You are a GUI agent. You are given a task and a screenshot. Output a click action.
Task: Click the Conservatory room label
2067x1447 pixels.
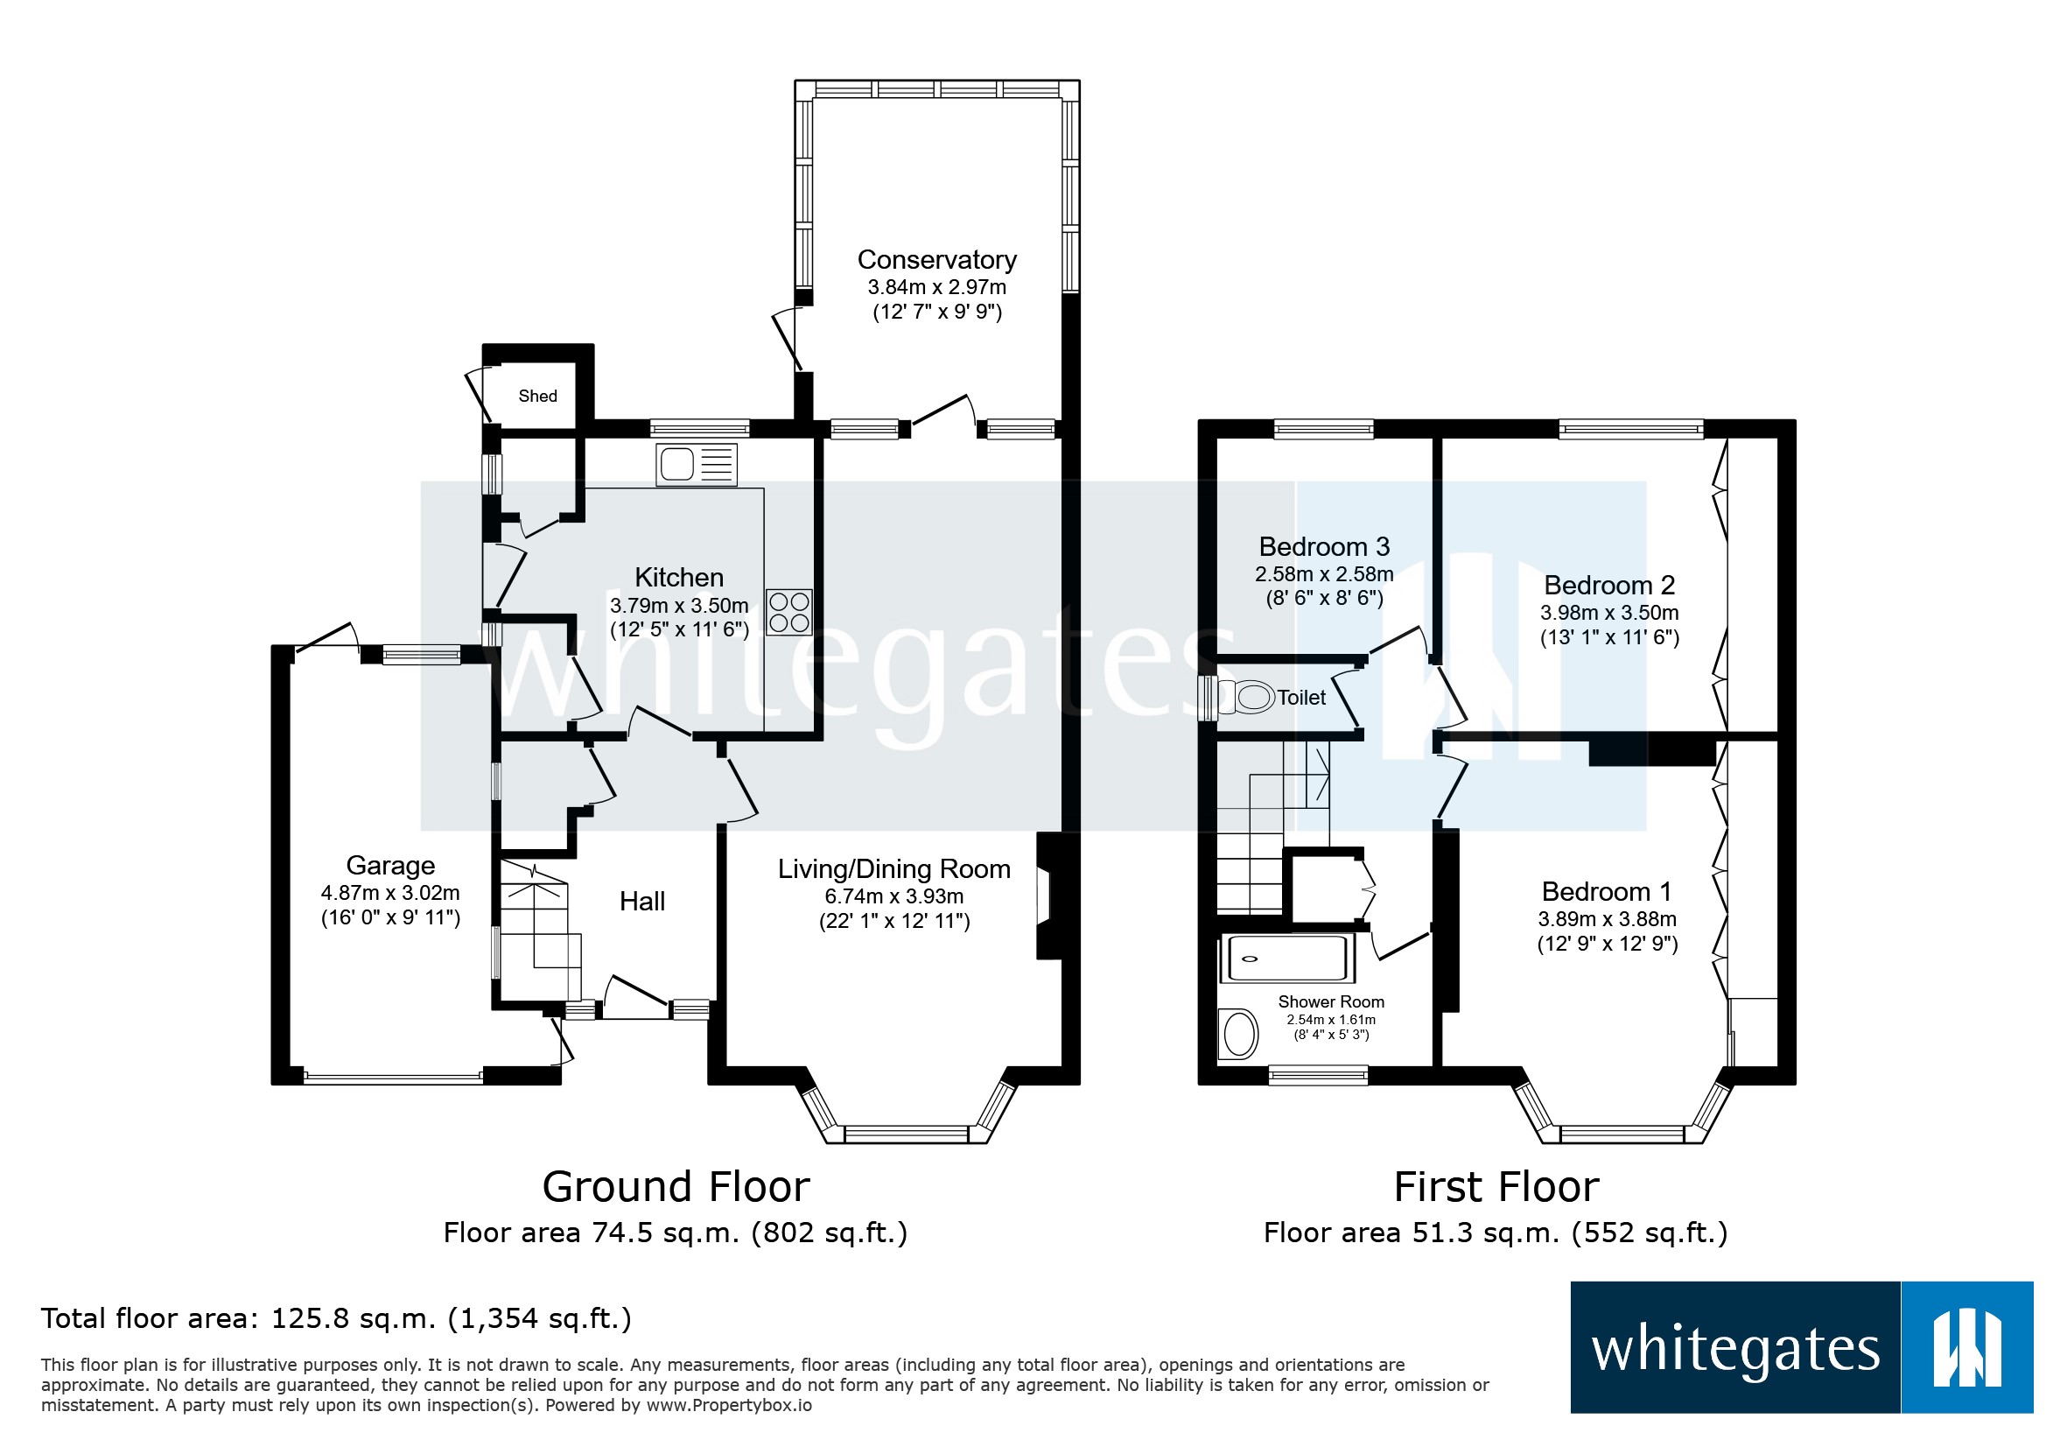point(936,260)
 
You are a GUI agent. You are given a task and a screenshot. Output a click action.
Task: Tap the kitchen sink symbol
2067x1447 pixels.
point(696,465)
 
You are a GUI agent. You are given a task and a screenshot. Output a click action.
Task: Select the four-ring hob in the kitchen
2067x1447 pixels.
point(788,612)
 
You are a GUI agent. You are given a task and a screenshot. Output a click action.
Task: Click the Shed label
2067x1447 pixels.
point(537,397)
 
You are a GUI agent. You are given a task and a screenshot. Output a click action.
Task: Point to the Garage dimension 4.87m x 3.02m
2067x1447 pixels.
point(389,893)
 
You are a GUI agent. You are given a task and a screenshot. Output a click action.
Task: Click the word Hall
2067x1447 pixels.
point(641,902)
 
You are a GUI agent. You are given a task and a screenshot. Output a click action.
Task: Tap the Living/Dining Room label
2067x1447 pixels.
point(893,869)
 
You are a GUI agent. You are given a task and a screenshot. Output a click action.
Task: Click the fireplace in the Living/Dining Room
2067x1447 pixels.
point(1047,896)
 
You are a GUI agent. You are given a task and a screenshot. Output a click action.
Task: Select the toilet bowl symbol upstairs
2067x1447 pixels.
point(1247,697)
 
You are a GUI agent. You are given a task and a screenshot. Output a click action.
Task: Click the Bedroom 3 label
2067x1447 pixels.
point(1323,546)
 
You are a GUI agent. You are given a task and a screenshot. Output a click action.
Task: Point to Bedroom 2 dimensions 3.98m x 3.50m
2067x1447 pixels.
point(1608,613)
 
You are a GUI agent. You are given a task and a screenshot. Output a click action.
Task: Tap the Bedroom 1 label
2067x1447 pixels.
point(1606,891)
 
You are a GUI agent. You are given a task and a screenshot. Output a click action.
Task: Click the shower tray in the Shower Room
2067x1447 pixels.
point(1286,959)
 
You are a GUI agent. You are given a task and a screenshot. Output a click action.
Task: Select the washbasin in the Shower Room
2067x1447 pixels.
point(1241,1034)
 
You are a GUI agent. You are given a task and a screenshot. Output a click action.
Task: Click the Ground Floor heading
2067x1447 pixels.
point(676,1187)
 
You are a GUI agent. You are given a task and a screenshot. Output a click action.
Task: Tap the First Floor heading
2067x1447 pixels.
point(1496,1187)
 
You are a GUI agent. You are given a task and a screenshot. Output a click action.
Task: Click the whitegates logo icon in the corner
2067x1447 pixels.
point(1966,1348)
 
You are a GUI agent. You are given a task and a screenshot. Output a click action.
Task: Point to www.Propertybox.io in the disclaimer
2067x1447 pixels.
point(728,1406)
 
